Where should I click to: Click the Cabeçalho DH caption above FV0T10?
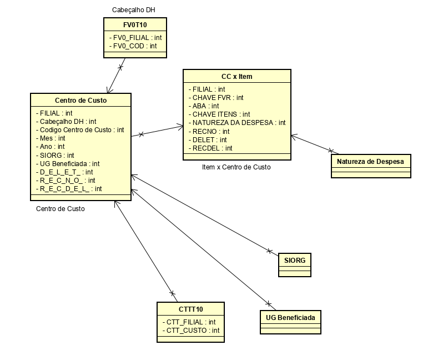point(134,10)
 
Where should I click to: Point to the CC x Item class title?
point(236,76)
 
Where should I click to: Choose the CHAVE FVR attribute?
point(217,97)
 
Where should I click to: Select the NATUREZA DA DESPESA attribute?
point(238,123)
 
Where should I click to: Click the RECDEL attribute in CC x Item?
point(212,148)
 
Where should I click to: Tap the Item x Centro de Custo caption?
point(236,167)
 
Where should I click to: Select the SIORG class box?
point(294,260)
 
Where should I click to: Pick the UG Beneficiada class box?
point(290,317)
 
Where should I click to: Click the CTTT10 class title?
point(190,309)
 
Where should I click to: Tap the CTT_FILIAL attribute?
point(188,322)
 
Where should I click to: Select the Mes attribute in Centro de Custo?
point(50,138)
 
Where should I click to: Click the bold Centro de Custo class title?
point(80,100)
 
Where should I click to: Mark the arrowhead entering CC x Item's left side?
point(180,127)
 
